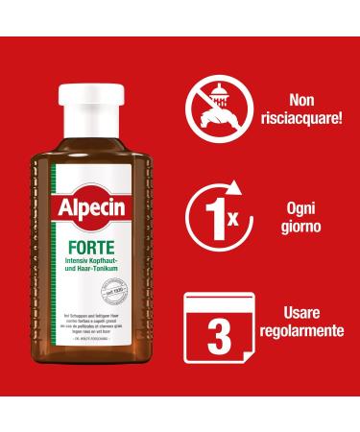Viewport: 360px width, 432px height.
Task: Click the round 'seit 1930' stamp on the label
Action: click(x=120, y=241)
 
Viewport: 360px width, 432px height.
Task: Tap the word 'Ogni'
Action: click(x=307, y=206)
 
